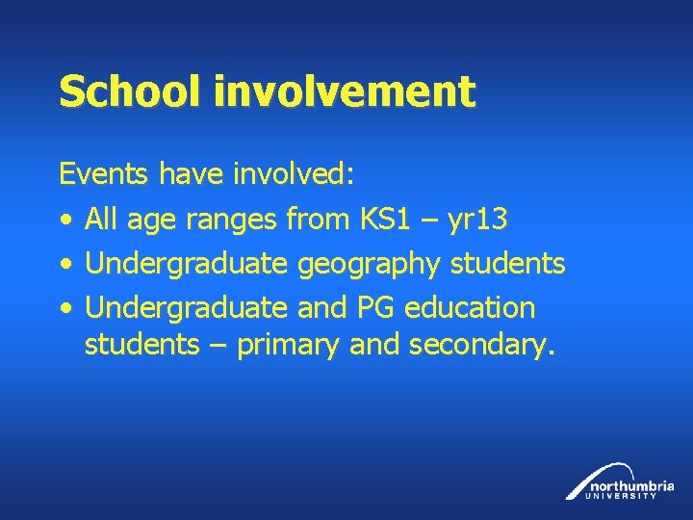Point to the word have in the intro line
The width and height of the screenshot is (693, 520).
(191, 174)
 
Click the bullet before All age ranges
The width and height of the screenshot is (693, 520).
(64, 221)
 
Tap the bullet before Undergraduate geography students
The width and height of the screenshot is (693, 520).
(64, 264)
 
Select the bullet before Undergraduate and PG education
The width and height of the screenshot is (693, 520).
(64, 308)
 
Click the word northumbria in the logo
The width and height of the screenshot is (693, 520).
(632, 484)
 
